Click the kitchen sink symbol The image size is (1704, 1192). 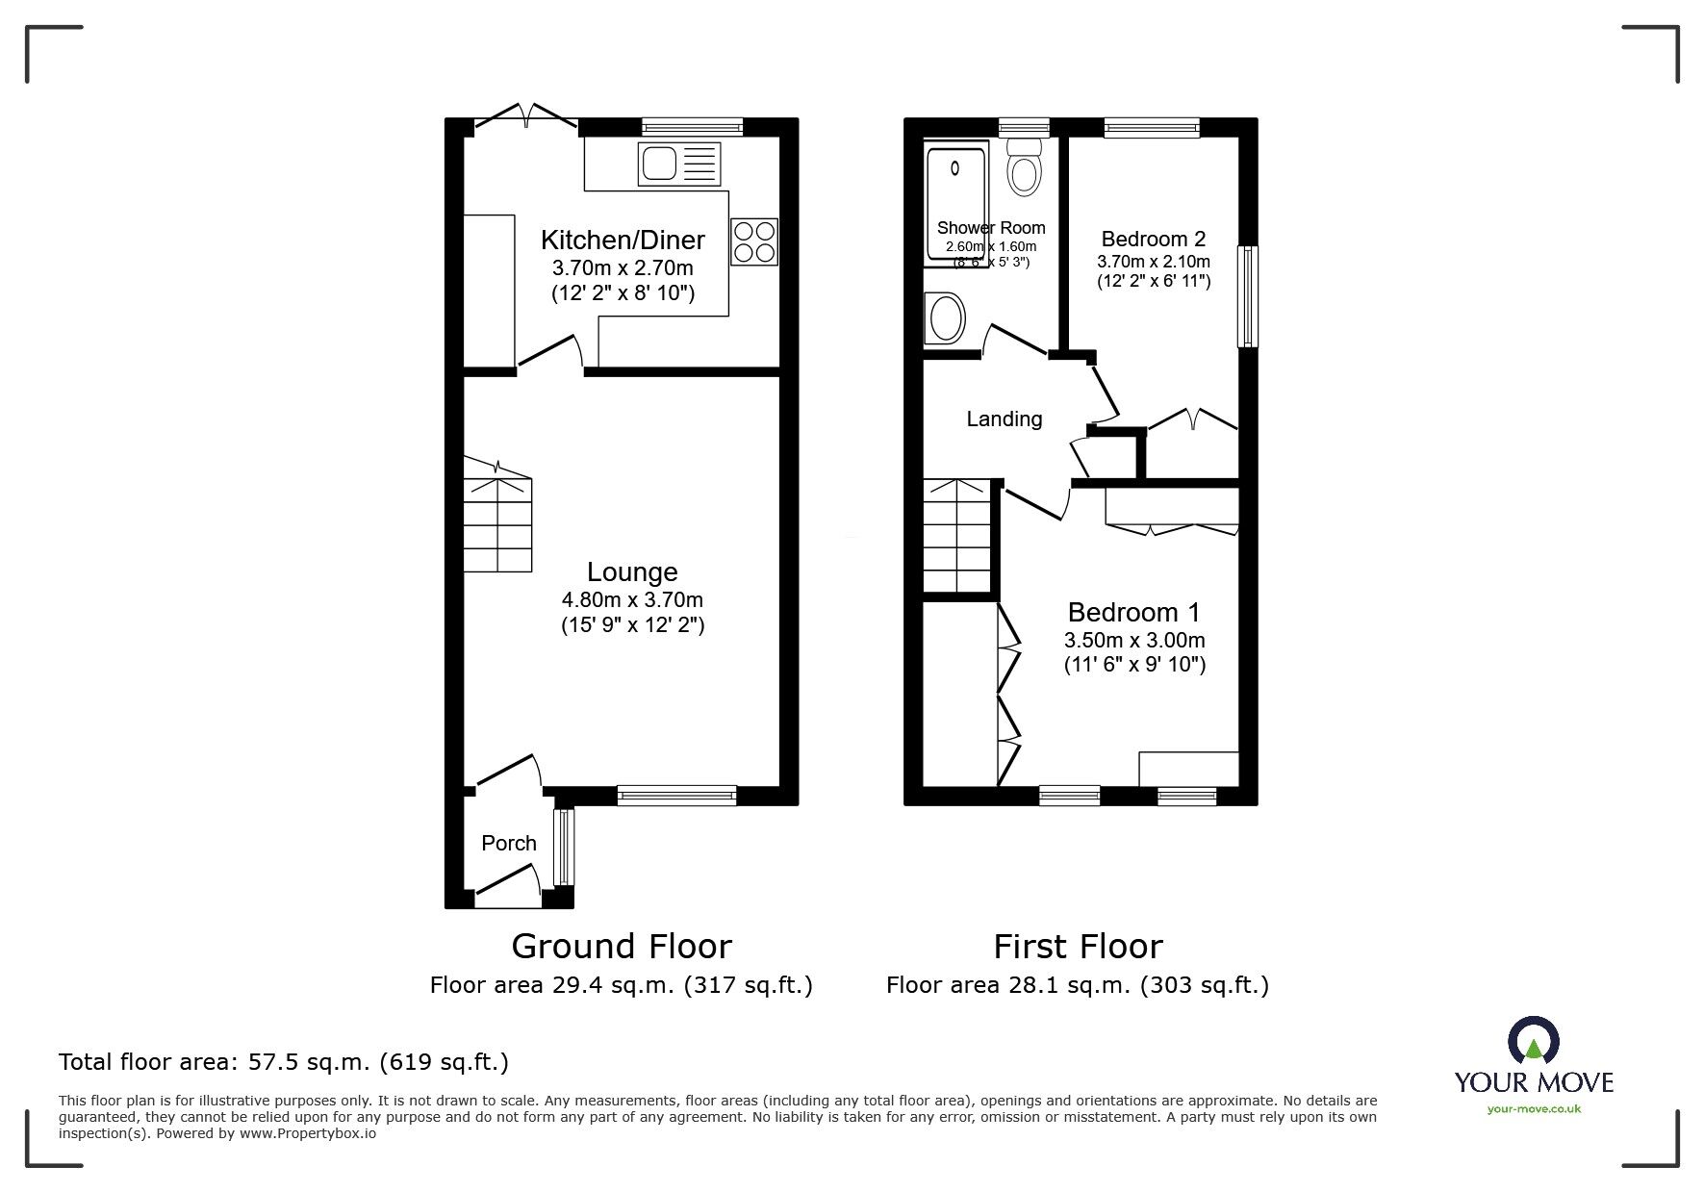tap(678, 165)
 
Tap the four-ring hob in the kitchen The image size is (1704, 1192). tap(754, 241)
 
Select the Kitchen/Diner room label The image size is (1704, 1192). tap(623, 240)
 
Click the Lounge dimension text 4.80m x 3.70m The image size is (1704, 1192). tap(632, 599)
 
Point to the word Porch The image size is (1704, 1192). tap(509, 843)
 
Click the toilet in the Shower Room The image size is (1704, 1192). tap(1025, 170)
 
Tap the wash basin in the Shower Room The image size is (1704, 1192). tap(945, 318)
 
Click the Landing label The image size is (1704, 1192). tap(1005, 418)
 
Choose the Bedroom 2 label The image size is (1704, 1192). tap(1153, 239)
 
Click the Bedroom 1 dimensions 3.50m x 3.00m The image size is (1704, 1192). tap(1134, 640)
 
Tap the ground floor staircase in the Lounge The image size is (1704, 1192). tap(497, 524)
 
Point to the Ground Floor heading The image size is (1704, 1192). tap(622, 946)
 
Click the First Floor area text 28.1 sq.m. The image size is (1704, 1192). tap(1078, 985)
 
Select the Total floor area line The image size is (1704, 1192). tap(284, 1062)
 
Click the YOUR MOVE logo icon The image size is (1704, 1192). tap(1533, 1043)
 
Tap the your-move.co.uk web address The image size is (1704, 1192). tap(1534, 1109)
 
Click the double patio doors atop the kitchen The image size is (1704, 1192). tap(526, 118)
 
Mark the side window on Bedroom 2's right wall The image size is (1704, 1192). tap(1247, 296)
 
